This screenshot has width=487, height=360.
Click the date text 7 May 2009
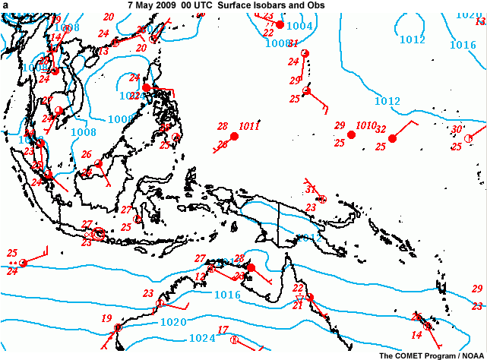pos(151,5)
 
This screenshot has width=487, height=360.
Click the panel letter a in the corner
pos(5,5)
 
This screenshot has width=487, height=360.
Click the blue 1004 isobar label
pos(301,27)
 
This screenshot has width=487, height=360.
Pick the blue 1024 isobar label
pos(201,338)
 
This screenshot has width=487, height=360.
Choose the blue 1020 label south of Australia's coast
pos(173,322)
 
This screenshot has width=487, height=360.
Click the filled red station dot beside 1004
pos(280,25)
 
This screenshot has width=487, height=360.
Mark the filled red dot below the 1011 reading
pos(234,137)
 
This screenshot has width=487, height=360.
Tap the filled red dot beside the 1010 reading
pos(351,134)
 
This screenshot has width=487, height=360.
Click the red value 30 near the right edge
pos(457,129)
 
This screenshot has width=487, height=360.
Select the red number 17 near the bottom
pos(223,330)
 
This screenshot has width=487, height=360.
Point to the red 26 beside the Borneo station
pos(87,154)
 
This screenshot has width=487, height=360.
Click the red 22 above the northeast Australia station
pos(298,289)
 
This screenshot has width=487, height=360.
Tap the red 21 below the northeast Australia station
pos(298,306)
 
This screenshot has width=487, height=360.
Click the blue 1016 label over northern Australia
pos(227,295)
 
